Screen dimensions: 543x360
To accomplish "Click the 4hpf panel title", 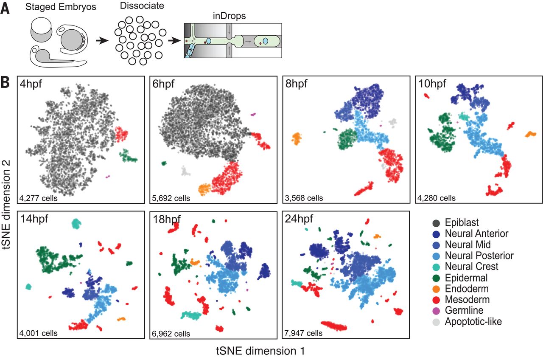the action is click(31, 84).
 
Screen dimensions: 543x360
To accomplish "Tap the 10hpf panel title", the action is click(432, 84).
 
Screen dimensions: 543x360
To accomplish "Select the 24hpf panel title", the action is click(299, 219).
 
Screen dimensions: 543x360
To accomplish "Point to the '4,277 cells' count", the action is click(38, 198).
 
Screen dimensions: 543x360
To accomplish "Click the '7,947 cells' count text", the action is click(303, 333).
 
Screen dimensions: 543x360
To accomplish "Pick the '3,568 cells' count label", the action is click(304, 198).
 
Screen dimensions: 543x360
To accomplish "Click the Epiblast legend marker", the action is click(436, 223).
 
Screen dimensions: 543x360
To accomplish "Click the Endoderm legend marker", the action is click(436, 289).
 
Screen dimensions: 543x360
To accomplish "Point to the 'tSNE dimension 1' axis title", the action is click(260, 351).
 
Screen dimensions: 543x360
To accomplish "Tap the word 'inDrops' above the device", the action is click(230, 16).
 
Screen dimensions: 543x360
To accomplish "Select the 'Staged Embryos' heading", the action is click(61, 7).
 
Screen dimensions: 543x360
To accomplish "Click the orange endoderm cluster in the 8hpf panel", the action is click(296, 138).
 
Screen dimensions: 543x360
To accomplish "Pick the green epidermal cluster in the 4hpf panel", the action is click(127, 156).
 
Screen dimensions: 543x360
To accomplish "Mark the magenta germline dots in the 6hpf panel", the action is click(253, 114).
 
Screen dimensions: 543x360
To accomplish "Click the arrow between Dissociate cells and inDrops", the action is click(174, 41).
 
